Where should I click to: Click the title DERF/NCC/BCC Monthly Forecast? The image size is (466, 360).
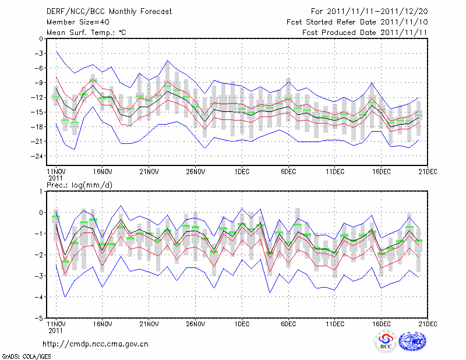[x=109, y=11]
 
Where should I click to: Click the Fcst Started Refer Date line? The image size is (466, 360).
[x=357, y=22]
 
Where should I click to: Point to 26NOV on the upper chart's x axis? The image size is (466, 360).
[x=196, y=171]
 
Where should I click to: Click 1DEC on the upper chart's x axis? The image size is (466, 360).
[x=242, y=171]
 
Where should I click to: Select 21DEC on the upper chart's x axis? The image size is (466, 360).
[x=428, y=171]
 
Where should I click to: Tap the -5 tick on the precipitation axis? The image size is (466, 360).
[x=40, y=319]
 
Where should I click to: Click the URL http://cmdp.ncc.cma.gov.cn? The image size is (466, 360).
[x=96, y=344]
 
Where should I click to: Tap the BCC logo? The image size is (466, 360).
[x=386, y=343]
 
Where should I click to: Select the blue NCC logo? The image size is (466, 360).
[x=414, y=343]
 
